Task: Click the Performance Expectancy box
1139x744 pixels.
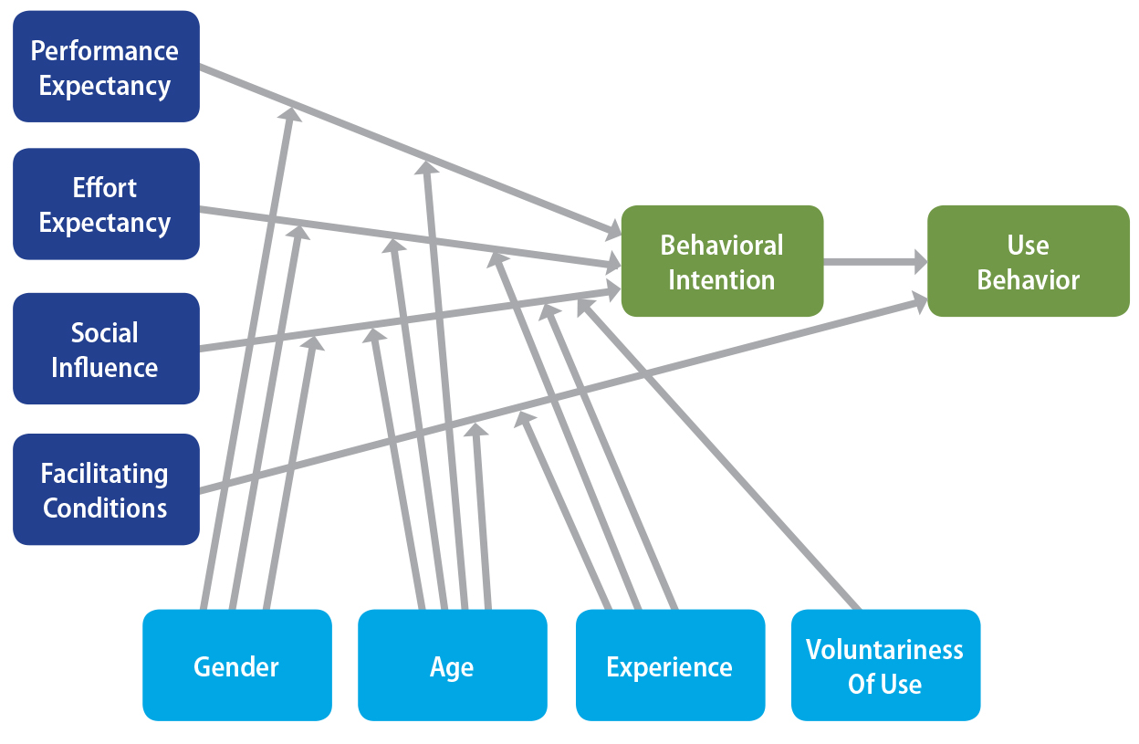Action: pos(106,67)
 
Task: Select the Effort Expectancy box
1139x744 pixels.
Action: pos(106,204)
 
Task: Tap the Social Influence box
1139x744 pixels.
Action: pos(106,349)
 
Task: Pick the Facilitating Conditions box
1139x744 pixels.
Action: pos(106,489)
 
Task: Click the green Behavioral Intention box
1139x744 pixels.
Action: pos(722,261)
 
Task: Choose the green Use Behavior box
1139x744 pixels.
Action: pos(1029,261)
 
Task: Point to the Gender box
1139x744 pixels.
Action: pos(236,665)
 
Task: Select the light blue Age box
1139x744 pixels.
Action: pos(452,665)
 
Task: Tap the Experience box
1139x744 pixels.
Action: pos(669,665)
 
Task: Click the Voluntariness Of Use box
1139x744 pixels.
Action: pos(884,665)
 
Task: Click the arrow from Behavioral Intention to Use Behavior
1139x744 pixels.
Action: pos(874,262)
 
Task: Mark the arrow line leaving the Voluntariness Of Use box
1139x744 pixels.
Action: pos(730,466)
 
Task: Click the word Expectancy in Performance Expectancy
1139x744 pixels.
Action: pos(105,86)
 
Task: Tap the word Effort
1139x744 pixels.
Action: pos(105,188)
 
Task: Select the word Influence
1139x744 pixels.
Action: pos(105,367)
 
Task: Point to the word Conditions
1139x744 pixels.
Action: pos(105,508)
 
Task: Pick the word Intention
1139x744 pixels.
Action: pos(721,279)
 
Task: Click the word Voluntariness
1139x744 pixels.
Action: pos(884,650)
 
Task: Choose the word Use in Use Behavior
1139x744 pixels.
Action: pos(1028,245)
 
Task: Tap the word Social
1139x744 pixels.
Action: pos(105,332)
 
